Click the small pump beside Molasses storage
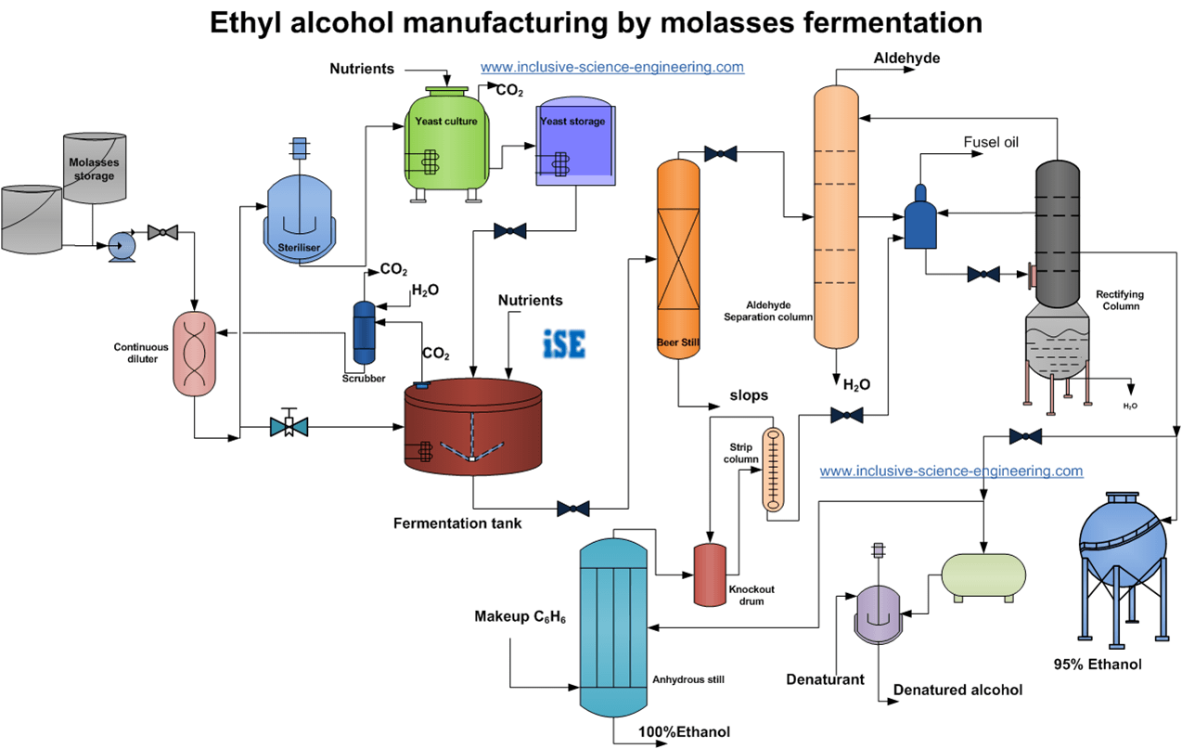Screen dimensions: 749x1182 click(122, 246)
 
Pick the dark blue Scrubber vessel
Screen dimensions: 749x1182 click(364, 332)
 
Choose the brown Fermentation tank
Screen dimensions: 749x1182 click(472, 430)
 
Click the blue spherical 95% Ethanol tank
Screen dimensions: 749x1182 click(1123, 547)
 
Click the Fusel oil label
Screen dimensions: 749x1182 click(991, 142)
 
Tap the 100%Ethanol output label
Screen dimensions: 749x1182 click(684, 732)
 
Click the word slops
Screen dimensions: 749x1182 click(750, 395)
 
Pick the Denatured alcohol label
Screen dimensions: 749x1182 click(957, 690)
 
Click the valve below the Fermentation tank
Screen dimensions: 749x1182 click(573, 509)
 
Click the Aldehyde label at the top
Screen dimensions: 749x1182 click(906, 58)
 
